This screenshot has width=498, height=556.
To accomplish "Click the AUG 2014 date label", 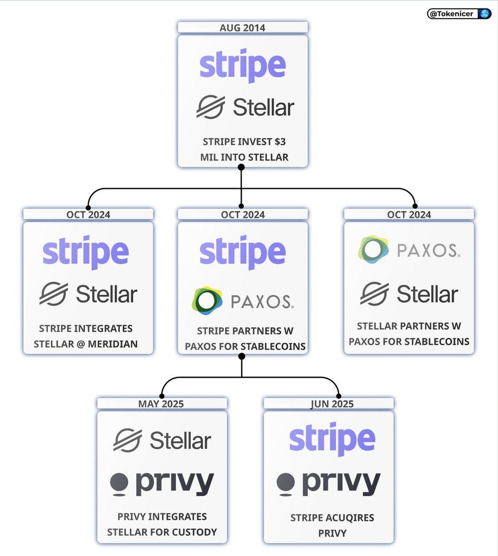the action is coord(243,28).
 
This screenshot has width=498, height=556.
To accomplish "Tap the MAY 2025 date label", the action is coord(161,404).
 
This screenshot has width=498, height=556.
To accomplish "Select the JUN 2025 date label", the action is coord(332,404).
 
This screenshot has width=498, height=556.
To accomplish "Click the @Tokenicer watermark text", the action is coord(451,14).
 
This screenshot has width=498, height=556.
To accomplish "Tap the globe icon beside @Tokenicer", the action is coord(484,14).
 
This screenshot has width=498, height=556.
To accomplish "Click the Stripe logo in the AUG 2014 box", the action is coord(243,66).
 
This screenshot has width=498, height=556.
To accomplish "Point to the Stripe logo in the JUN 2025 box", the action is coord(332,439).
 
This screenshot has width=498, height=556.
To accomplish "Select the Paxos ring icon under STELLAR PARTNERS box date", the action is coord(373,249).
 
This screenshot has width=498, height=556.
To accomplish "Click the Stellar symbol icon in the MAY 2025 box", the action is coord(128,440).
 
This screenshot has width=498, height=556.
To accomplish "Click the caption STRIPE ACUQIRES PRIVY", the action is coord(332,525).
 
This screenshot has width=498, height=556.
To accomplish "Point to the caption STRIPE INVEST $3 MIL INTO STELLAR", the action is coord(244,149).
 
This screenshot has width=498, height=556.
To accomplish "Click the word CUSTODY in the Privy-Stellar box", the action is coord(194,532).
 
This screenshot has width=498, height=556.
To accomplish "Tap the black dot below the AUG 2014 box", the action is coord(241,167).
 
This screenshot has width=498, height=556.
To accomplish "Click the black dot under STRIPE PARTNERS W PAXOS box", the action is coord(242,356).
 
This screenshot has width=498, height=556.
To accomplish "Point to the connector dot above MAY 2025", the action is coord(162,396).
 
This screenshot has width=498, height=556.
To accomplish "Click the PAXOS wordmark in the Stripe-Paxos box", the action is coord(262,302).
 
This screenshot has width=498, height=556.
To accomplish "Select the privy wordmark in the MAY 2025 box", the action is coord(174,484).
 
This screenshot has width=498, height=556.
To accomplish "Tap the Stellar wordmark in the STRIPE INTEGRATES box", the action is coord(106,294).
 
